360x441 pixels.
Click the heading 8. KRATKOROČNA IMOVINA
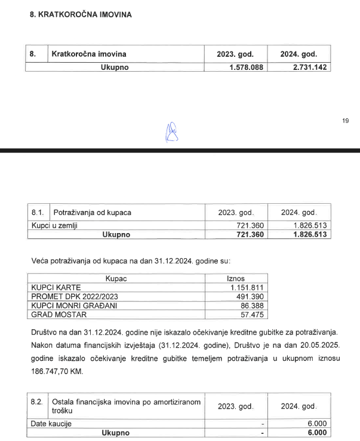point(81,13)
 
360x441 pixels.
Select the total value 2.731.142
point(305,68)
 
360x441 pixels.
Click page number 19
point(346,121)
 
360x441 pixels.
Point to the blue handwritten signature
point(172,131)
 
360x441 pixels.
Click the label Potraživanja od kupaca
point(93,213)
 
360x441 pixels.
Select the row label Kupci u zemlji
point(54,226)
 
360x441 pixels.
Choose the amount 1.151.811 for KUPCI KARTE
point(246,287)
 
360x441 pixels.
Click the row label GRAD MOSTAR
point(59,314)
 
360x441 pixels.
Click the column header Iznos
point(236,278)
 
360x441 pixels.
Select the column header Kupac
point(116,278)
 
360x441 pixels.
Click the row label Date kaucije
point(51,424)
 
